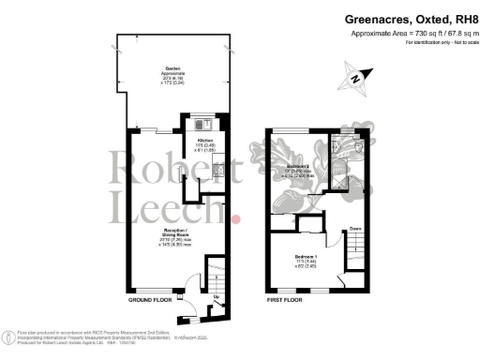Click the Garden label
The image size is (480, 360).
(173, 69)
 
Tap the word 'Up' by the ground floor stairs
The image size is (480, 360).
(217, 298)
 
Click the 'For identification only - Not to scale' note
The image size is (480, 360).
(436, 42)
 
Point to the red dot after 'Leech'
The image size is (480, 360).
(236, 219)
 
